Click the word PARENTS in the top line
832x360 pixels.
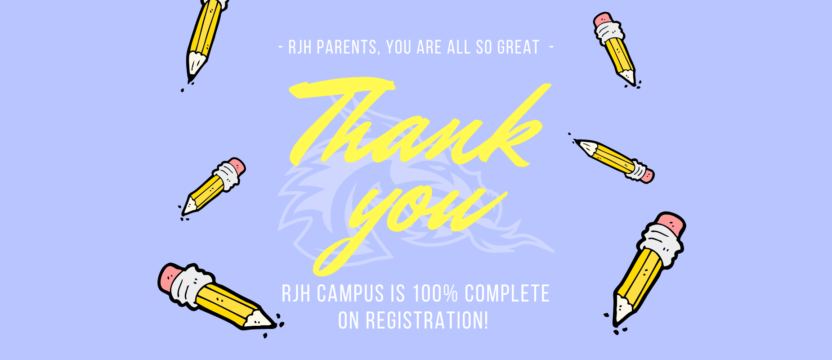pos(347,47)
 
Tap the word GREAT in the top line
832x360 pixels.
pos(518,47)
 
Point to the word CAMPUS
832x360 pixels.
pos(350,293)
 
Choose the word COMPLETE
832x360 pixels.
pos(507,293)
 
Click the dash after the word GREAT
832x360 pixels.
pos(552,46)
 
